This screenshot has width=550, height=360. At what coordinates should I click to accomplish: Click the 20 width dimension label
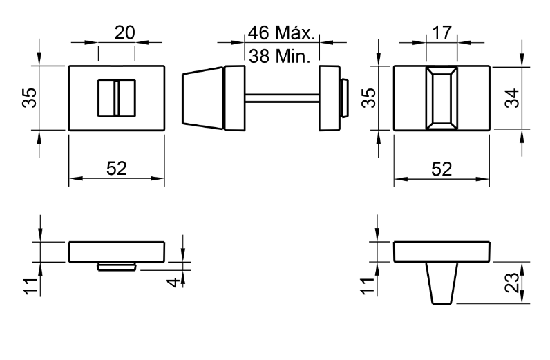[x=124, y=33]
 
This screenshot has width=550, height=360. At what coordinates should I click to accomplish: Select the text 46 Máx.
[x=281, y=33]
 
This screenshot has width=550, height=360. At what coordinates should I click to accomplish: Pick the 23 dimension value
[x=511, y=283]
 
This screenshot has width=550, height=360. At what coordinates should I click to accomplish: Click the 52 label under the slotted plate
[x=117, y=168]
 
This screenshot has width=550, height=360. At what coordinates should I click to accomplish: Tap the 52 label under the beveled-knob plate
[x=442, y=168]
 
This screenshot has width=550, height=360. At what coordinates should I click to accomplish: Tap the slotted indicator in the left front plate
[x=116, y=97]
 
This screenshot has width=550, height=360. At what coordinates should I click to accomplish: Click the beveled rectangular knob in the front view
[x=442, y=97]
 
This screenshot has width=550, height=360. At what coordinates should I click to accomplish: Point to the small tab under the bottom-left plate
[x=116, y=267]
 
